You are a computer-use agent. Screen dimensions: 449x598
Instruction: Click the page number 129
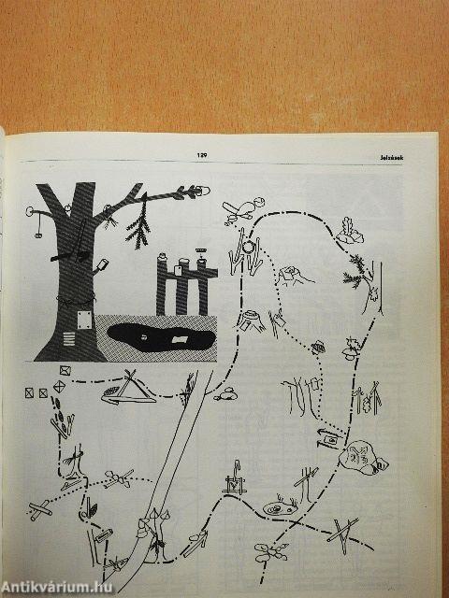point(202,155)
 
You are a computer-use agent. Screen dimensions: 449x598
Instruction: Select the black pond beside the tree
point(160,337)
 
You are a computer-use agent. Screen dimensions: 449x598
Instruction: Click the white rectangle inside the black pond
point(179,339)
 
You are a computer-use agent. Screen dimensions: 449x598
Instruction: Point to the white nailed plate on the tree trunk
point(84,320)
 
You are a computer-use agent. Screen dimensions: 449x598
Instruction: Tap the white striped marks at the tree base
point(69,338)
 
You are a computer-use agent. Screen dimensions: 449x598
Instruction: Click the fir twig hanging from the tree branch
point(138,225)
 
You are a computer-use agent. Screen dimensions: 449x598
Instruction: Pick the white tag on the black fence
point(179,270)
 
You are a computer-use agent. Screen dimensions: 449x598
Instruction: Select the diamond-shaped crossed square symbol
point(59,387)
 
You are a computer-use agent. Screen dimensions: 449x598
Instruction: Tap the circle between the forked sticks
point(248,247)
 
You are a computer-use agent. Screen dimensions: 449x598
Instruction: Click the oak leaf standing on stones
point(349,231)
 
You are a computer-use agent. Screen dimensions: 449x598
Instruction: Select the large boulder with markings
point(363,458)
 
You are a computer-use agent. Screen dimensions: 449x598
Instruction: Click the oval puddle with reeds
point(280,508)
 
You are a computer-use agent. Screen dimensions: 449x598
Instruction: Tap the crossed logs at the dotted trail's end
point(40,510)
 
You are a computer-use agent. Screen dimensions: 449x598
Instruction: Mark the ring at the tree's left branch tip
point(29,211)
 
